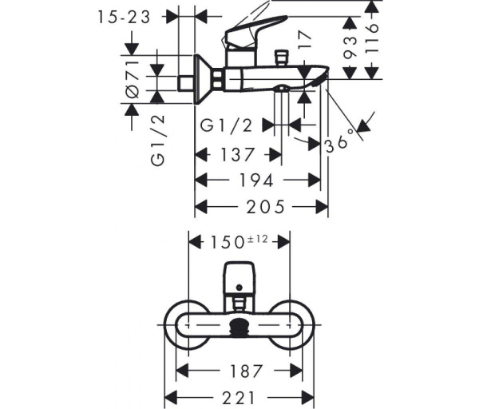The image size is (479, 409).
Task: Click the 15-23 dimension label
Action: point(124,17)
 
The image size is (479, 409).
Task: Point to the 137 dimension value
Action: point(237,155)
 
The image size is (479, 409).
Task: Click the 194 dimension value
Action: point(256,181)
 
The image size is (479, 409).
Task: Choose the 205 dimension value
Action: point(265,207)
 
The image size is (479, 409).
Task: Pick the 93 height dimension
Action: point(350,47)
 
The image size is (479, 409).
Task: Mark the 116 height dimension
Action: point(372,38)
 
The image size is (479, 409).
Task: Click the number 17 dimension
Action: point(305,41)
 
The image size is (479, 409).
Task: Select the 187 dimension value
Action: point(246,371)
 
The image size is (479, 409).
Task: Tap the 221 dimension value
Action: point(239,398)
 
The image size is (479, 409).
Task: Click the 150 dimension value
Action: point(227,242)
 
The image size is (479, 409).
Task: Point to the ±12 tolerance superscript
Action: point(256,239)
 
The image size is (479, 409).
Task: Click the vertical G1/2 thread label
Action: point(158,141)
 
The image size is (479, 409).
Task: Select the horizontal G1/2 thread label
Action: point(226,125)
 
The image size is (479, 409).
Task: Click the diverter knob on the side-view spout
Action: point(281,58)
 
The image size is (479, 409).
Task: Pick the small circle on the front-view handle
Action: point(239,288)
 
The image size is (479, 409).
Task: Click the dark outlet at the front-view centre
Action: point(239,328)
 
